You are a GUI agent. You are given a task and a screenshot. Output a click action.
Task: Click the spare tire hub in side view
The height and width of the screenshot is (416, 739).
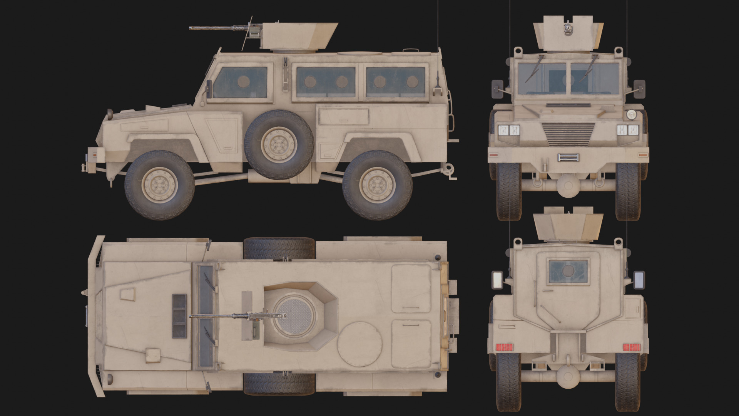279,145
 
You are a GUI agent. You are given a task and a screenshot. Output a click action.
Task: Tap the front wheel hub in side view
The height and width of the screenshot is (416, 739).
159,185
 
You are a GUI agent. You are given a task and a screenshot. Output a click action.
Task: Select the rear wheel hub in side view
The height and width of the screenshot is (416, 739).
377,185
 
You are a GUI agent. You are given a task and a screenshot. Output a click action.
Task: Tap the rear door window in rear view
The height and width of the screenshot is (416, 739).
568,272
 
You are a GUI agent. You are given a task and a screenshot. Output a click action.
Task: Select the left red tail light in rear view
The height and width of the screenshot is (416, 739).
505,347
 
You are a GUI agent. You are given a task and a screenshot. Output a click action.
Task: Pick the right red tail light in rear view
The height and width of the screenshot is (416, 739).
631,347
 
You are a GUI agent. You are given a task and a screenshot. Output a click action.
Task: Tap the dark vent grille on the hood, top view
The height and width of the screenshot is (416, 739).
179,316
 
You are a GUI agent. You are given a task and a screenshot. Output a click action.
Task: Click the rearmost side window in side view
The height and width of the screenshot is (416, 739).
396,82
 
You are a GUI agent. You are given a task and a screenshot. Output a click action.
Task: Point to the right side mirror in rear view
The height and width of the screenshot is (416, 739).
639,280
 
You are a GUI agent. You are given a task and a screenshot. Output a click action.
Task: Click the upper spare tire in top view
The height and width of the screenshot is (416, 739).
279,248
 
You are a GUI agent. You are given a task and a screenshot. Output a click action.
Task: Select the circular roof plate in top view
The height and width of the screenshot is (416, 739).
359,344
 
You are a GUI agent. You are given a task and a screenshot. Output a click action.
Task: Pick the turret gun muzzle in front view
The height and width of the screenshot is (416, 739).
568,28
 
